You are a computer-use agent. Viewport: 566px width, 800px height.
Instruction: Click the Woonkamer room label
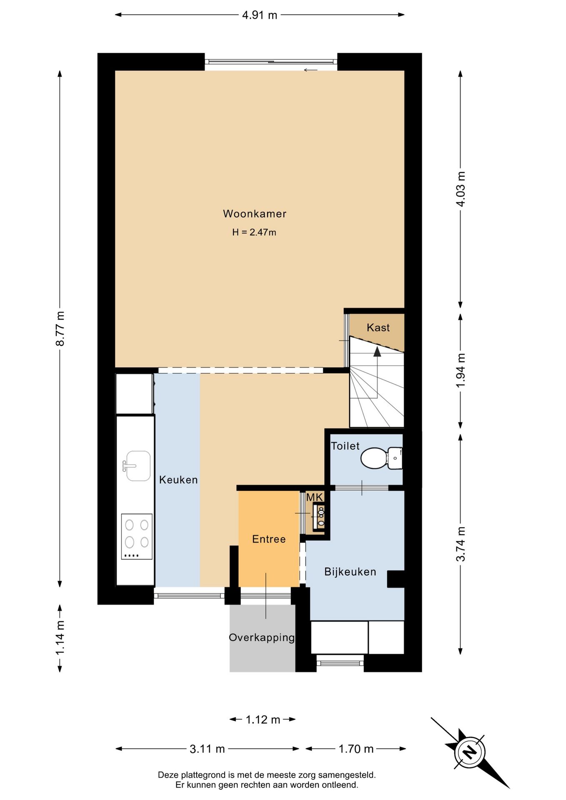[x=255, y=214]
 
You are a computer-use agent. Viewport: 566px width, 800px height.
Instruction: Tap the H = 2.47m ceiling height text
[x=254, y=232]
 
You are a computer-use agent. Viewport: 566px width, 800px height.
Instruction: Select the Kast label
[x=378, y=327]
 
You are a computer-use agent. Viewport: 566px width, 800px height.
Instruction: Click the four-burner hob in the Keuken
[x=137, y=537]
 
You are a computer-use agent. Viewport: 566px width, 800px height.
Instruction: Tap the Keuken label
[x=178, y=480]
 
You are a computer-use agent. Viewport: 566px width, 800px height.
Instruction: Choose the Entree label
[x=269, y=539]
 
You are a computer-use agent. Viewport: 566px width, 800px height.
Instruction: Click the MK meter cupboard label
[x=315, y=497]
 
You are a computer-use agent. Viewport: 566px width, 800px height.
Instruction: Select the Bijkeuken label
[x=350, y=572]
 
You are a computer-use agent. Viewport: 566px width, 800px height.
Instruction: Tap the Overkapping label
[x=262, y=637]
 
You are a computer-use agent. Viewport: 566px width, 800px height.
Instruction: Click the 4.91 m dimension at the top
[x=260, y=15]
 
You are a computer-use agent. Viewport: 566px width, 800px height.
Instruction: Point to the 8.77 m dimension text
[x=60, y=329]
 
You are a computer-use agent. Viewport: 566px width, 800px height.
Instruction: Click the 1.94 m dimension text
[x=461, y=370]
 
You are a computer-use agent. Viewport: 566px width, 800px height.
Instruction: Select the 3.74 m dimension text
[x=461, y=544]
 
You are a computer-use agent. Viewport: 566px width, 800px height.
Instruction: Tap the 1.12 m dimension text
[x=263, y=720]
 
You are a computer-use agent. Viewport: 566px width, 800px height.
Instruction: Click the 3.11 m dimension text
[x=207, y=749]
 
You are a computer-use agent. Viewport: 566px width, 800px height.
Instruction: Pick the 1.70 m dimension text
[x=356, y=749]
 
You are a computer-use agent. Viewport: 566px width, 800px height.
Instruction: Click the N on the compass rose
[x=470, y=752]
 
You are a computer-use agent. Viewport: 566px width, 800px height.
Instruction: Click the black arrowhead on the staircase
[x=377, y=352]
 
